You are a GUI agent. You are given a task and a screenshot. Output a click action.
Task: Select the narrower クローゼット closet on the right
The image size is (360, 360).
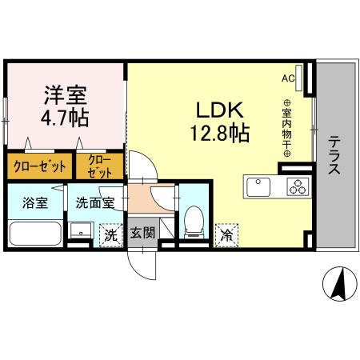click(101, 166)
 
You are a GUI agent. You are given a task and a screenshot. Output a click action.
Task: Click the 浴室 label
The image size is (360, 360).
click(34, 202)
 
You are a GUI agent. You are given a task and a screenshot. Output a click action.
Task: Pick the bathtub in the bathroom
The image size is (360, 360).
click(34, 234)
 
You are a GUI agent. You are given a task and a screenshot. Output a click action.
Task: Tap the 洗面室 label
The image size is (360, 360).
click(94, 202)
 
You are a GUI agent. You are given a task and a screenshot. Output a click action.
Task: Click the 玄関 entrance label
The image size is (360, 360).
click(143, 233)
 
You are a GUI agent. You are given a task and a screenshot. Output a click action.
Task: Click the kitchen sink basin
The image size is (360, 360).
click(259, 188)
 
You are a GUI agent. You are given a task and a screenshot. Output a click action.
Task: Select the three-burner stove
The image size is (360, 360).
click(298, 189)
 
